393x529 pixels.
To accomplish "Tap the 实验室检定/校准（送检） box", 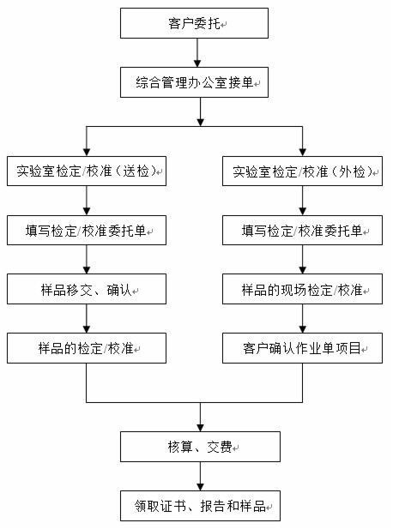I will tap(87, 171).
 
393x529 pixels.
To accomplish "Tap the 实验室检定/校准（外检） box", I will tap(302, 171).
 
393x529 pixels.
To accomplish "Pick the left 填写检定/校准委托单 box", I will tap(87, 231).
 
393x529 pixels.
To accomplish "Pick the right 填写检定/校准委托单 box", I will tap(302, 231).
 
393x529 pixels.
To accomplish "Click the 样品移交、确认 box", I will tap(87, 290).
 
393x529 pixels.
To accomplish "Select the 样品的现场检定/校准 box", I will tap(302, 290).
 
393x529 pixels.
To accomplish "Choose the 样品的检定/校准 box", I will tap(87, 349).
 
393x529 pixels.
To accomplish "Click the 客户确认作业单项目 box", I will tap(302, 349).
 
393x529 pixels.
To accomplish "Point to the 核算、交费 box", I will tap(199, 447).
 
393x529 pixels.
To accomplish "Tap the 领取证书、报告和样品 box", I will tap(199, 506).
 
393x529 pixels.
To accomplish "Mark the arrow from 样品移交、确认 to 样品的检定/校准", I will tap(87, 320).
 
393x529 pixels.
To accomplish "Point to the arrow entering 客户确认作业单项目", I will tap(302, 320).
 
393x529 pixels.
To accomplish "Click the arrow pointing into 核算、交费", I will tap(199, 417).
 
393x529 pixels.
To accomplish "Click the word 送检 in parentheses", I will tap(142, 171).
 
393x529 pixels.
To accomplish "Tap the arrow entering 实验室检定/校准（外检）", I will tap(302, 141).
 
